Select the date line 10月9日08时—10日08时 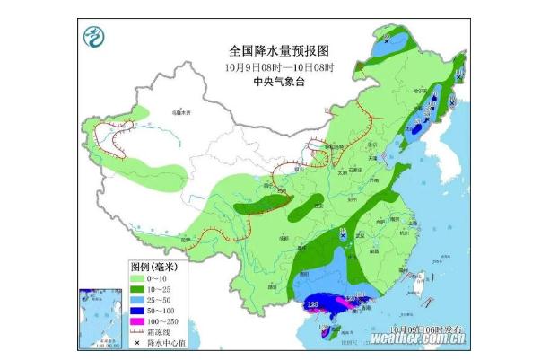[269, 67]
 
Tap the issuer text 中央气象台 [269, 82]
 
